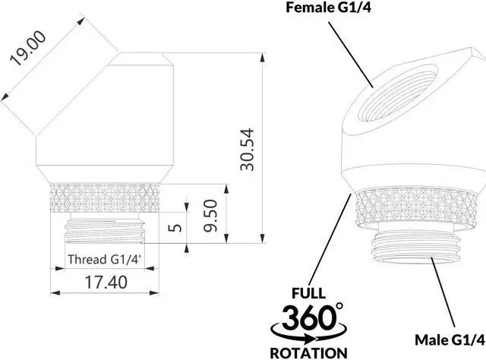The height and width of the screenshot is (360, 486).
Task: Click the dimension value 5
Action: click(175, 229)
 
